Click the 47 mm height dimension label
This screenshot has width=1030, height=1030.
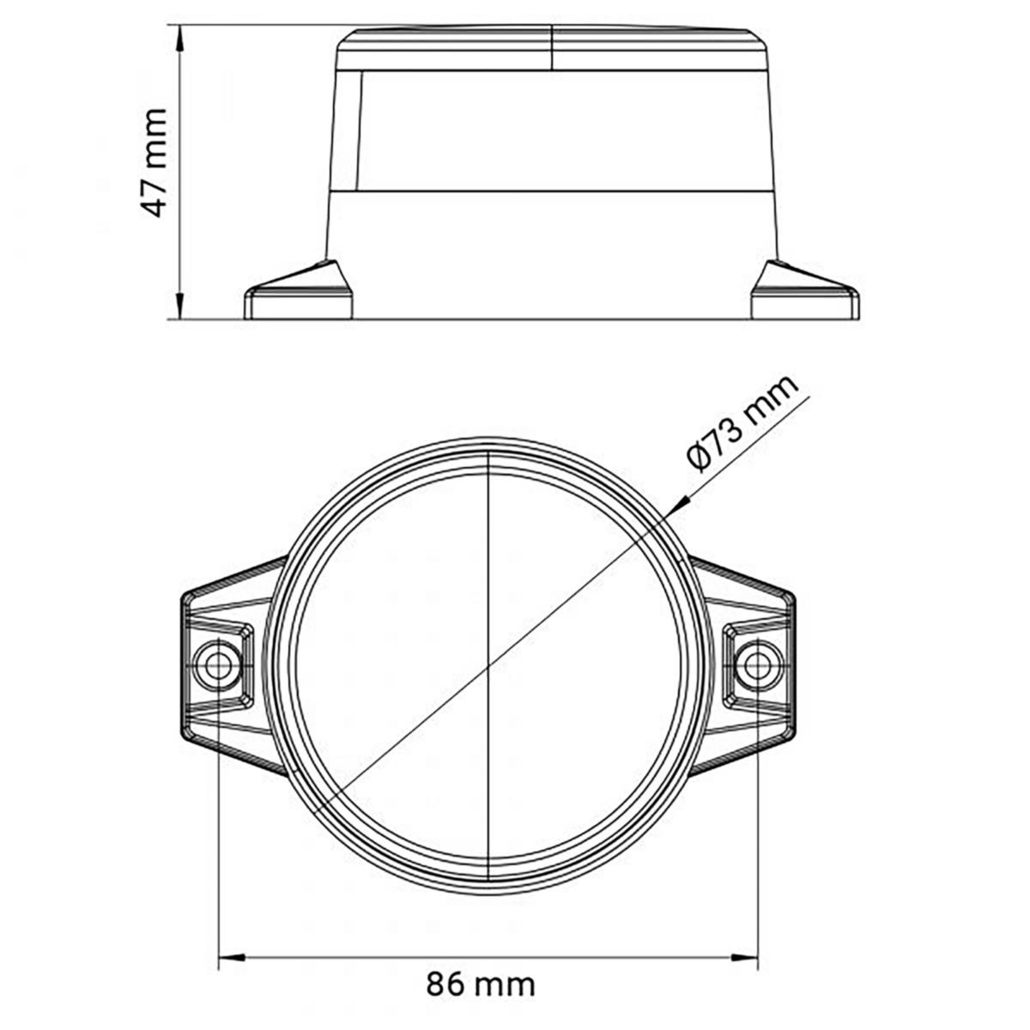154,162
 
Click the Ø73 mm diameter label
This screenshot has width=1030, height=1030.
743,423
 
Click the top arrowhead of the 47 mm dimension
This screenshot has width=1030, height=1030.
181,39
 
